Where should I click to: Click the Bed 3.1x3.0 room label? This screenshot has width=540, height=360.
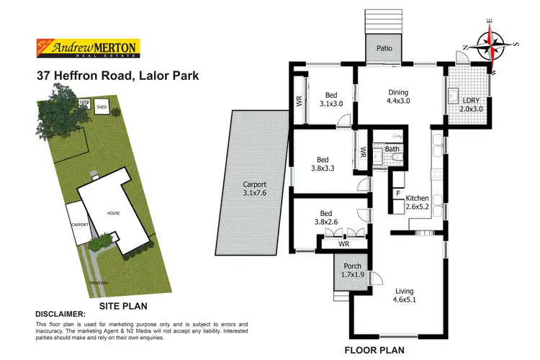[x=331, y=99]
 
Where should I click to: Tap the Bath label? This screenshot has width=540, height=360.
[x=392, y=150]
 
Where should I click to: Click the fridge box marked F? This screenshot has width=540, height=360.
[x=398, y=194]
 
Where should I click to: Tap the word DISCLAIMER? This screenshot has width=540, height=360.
[x=60, y=314]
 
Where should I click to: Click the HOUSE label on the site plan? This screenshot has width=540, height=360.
[x=113, y=214]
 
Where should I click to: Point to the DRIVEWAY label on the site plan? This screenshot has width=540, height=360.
[x=99, y=282]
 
